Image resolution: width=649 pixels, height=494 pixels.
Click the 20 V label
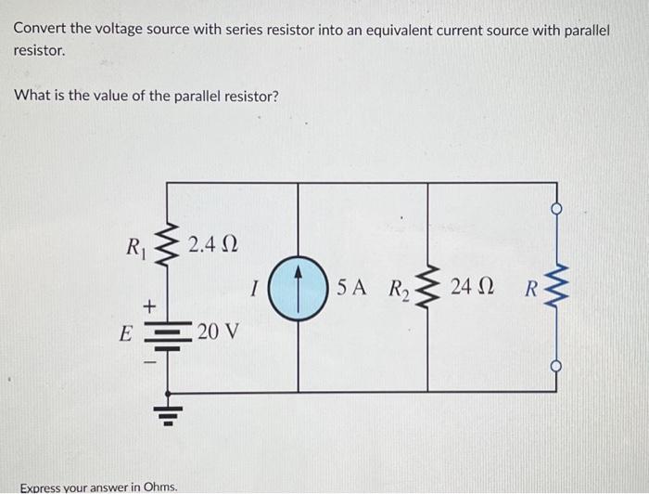(218, 331)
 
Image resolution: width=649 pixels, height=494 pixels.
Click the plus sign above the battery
(146, 305)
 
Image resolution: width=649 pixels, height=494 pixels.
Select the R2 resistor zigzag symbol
(427, 287)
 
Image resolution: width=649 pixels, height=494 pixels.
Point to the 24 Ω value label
(471, 287)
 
